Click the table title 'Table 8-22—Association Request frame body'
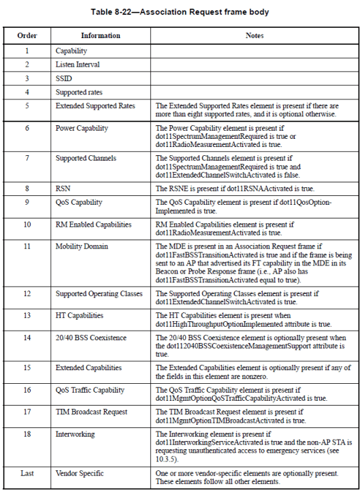[x=180, y=12]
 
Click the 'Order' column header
[x=27, y=35]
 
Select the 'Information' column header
[x=100, y=35]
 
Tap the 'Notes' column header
[x=254, y=35]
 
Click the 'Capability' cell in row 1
[x=71, y=51]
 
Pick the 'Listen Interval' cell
[x=78, y=65]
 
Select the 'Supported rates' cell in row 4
[x=79, y=92]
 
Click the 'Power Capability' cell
[x=81, y=127]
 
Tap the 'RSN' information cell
[x=63, y=189]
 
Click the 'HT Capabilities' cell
[x=80, y=315]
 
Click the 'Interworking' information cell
[x=76, y=434]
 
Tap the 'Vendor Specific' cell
[x=81, y=472]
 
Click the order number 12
[x=27, y=293]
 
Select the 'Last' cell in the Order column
[x=27, y=472]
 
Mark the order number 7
[x=27, y=158]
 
